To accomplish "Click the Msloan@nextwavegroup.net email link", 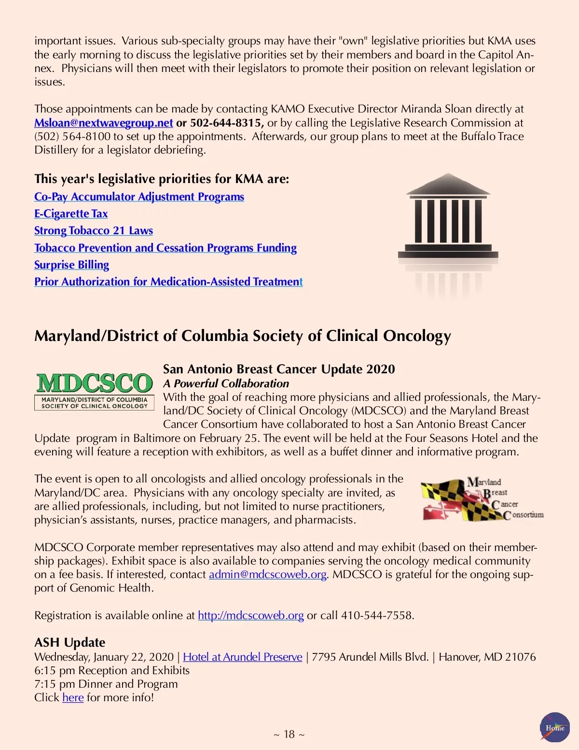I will pyautogui.click(x=103, y=123).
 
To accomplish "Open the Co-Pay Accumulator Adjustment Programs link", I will pyautogui.click(x=139, y=197).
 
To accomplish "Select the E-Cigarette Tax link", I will pyautogui.click(x=71, y=213).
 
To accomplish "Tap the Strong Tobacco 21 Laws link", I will pyautogui.click(x=94, y=230).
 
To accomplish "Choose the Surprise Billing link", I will pyautogui.click(x=71, y=265).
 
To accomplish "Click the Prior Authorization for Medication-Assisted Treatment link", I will pyautogui.click(x=168, y=282).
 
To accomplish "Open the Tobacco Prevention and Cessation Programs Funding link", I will pyautogui.click(x=165, y=248).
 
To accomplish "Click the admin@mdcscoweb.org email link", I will pyautogui.click(x=268, y=574).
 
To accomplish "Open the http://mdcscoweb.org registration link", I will pyautogui.click(x=250, y=615).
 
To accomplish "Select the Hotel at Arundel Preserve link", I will pyautogui.click(x=243, y=657).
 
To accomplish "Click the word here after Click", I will pyautogui.click(x=73, y=697).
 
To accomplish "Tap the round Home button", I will pyautogui.click(x=555, y=727).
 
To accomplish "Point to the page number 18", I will pyautogui.click(x=289, y=734).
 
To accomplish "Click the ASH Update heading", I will pyautogui.click(x=69, y=642).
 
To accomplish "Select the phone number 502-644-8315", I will pyautogui.click(x=226, y=123).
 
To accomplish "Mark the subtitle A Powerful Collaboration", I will pyautogui.click(x=226, y=383).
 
